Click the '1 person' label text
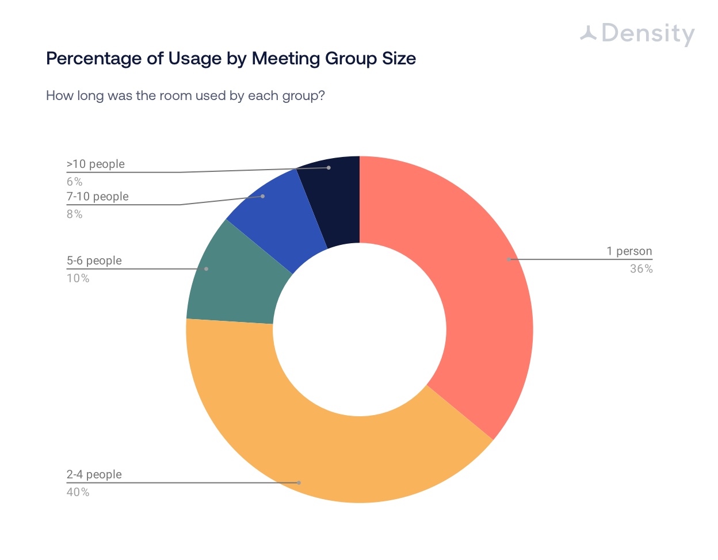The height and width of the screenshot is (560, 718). point(629,251)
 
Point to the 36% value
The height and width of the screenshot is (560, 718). point(641,269)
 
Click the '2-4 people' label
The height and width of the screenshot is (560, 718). point(94,474)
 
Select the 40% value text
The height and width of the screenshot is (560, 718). point(78,492)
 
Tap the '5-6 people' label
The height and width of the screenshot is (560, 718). point(94,260)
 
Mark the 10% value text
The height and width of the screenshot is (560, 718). point(78,278)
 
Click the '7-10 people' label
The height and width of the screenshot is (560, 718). point(98,196)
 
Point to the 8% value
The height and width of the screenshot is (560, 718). point(74,214)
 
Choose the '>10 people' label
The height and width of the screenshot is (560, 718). point(96,164)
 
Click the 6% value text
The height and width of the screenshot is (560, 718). point(74,182)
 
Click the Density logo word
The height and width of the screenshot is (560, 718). point(648,34)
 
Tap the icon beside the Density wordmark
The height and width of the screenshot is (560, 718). point(588,33)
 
